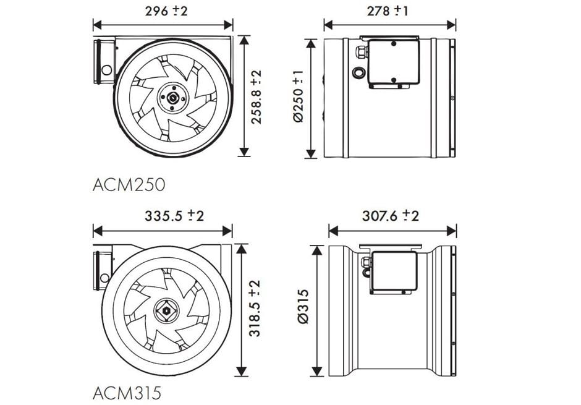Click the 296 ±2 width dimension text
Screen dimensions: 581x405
pos(166,11)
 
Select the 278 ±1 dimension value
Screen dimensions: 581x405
pos(388,11)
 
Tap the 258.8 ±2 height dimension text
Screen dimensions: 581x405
pos(256,97)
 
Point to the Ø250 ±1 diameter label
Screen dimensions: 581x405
pos(298,96)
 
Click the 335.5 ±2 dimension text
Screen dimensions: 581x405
pos(174,215)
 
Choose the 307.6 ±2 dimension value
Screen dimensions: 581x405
pos(391,215)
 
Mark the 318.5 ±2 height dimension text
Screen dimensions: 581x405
pos(255,309)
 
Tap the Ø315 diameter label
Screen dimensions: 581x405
pos(303,307)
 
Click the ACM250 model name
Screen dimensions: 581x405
pos(129,184)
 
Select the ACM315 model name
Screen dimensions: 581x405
pos(127,393)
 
